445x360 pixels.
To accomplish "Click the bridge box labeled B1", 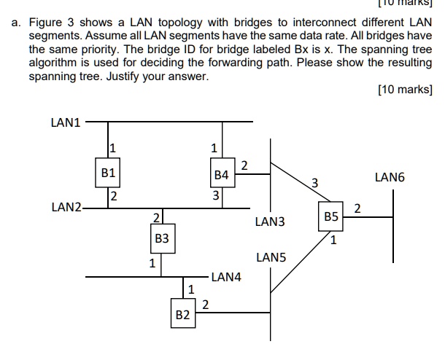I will click(109, 173).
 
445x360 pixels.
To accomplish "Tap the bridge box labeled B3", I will click(162, 238).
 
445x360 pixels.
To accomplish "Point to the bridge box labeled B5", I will click(331, 217).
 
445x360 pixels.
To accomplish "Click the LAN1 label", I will click(66, 122).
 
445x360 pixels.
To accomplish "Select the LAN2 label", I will click(66, 208).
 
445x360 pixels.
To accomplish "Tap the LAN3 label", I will click(270, 222).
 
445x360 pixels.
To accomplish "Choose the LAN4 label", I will click(226, 277).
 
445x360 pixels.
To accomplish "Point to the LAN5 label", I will click(271, 257).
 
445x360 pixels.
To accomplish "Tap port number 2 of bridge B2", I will click(205, 305).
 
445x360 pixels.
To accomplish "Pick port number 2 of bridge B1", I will click(113, 195).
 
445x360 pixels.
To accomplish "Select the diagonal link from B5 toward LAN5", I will click(299, 261).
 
